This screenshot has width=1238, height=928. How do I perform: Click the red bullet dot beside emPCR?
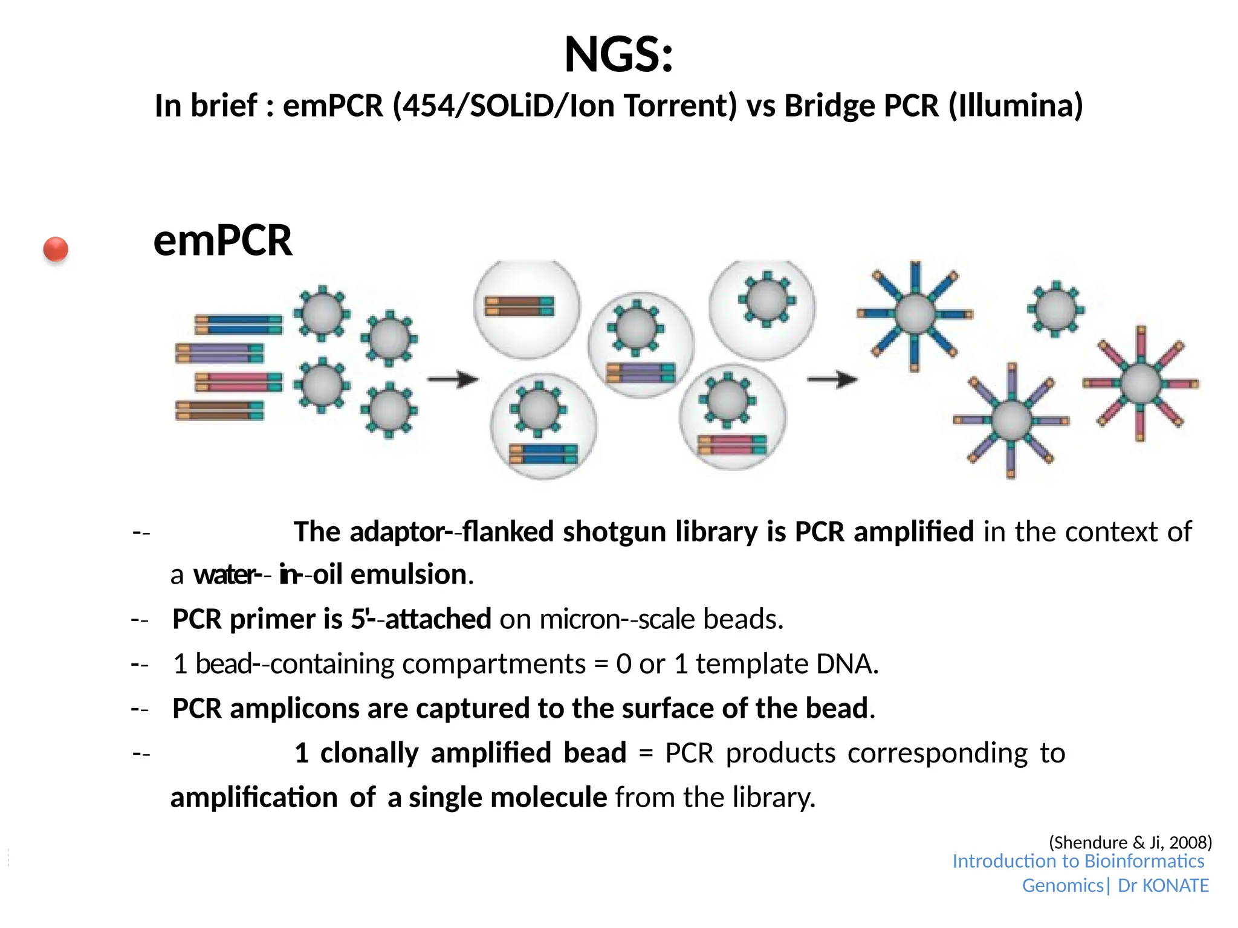56,249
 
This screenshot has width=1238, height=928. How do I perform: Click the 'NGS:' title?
618,54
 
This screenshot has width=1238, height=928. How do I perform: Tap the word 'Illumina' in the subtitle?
1015,106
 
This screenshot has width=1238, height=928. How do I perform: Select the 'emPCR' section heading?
222,240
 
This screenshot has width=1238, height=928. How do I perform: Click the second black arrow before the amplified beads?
832,379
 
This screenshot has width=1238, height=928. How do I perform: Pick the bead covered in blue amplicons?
915,314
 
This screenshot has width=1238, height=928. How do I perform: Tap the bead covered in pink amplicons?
1141,383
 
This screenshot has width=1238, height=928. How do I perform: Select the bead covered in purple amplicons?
1011,420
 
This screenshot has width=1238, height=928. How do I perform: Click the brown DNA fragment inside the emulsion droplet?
519,306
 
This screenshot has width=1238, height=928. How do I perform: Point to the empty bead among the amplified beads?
1055,309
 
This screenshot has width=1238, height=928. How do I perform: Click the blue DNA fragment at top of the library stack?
238,324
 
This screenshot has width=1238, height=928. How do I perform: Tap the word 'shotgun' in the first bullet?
614,532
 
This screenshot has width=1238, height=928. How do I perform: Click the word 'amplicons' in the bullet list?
294,709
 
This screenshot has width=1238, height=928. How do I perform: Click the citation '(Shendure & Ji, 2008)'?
1130,842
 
